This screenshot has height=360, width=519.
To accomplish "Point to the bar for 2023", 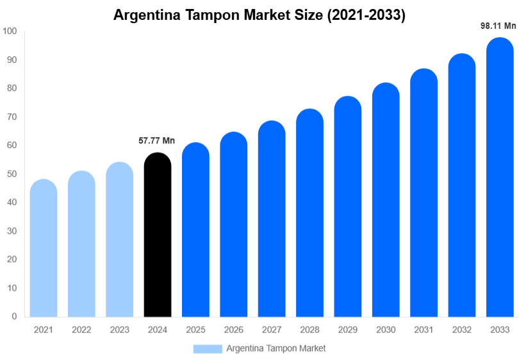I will coord(120,240).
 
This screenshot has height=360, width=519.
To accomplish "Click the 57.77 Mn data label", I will coord(157,141).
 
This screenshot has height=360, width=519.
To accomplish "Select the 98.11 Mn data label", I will coord(498,26).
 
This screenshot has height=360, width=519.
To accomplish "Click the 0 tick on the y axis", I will coord(14,316).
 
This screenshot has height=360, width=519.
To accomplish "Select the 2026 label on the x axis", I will coord(233,330).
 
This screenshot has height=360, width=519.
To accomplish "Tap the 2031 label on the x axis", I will coord(424,330).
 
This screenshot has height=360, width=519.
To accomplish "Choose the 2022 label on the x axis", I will coord(81,330).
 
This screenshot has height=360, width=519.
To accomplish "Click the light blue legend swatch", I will coord(208,348).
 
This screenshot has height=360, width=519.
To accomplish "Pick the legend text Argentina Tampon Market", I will coord(276,348).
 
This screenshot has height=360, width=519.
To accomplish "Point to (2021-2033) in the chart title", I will coord(366,15).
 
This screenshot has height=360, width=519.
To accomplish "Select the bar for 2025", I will coord(195,230).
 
